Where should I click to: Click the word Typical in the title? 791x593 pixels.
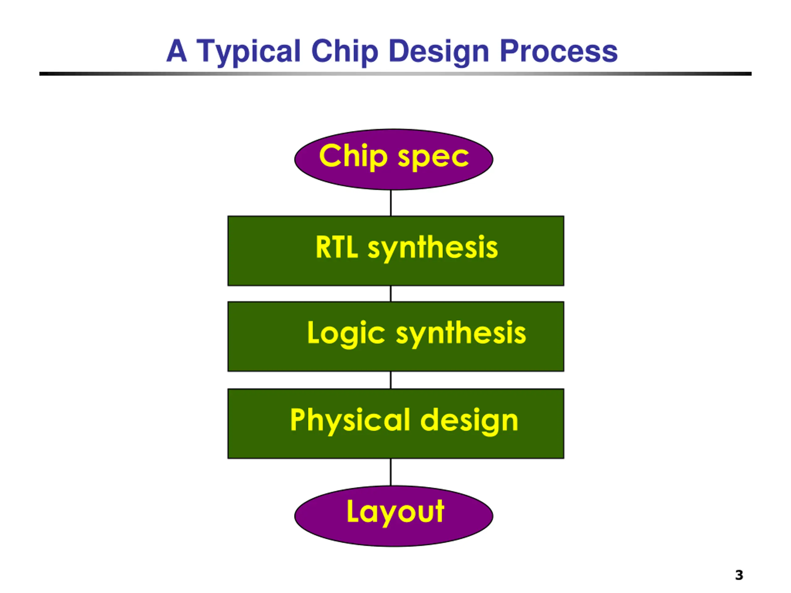click(248, 52)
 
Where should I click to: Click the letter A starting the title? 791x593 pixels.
click(177, 51)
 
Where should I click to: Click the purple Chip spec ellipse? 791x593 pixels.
click(394, 179)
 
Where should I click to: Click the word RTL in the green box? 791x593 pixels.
click(336, 247)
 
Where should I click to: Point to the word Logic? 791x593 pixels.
click(346, 333)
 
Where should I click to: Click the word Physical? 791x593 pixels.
click(350, 420)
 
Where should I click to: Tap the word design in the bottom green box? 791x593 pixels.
click(469, 420)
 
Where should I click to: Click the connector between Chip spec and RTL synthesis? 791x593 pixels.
click(391, 203)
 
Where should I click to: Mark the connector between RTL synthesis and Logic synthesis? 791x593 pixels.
click(391, 293)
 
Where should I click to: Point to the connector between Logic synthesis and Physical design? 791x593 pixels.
click(391, 380)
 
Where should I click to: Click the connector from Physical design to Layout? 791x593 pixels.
click(391, 472)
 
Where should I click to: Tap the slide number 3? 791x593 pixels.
click(739, 575)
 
